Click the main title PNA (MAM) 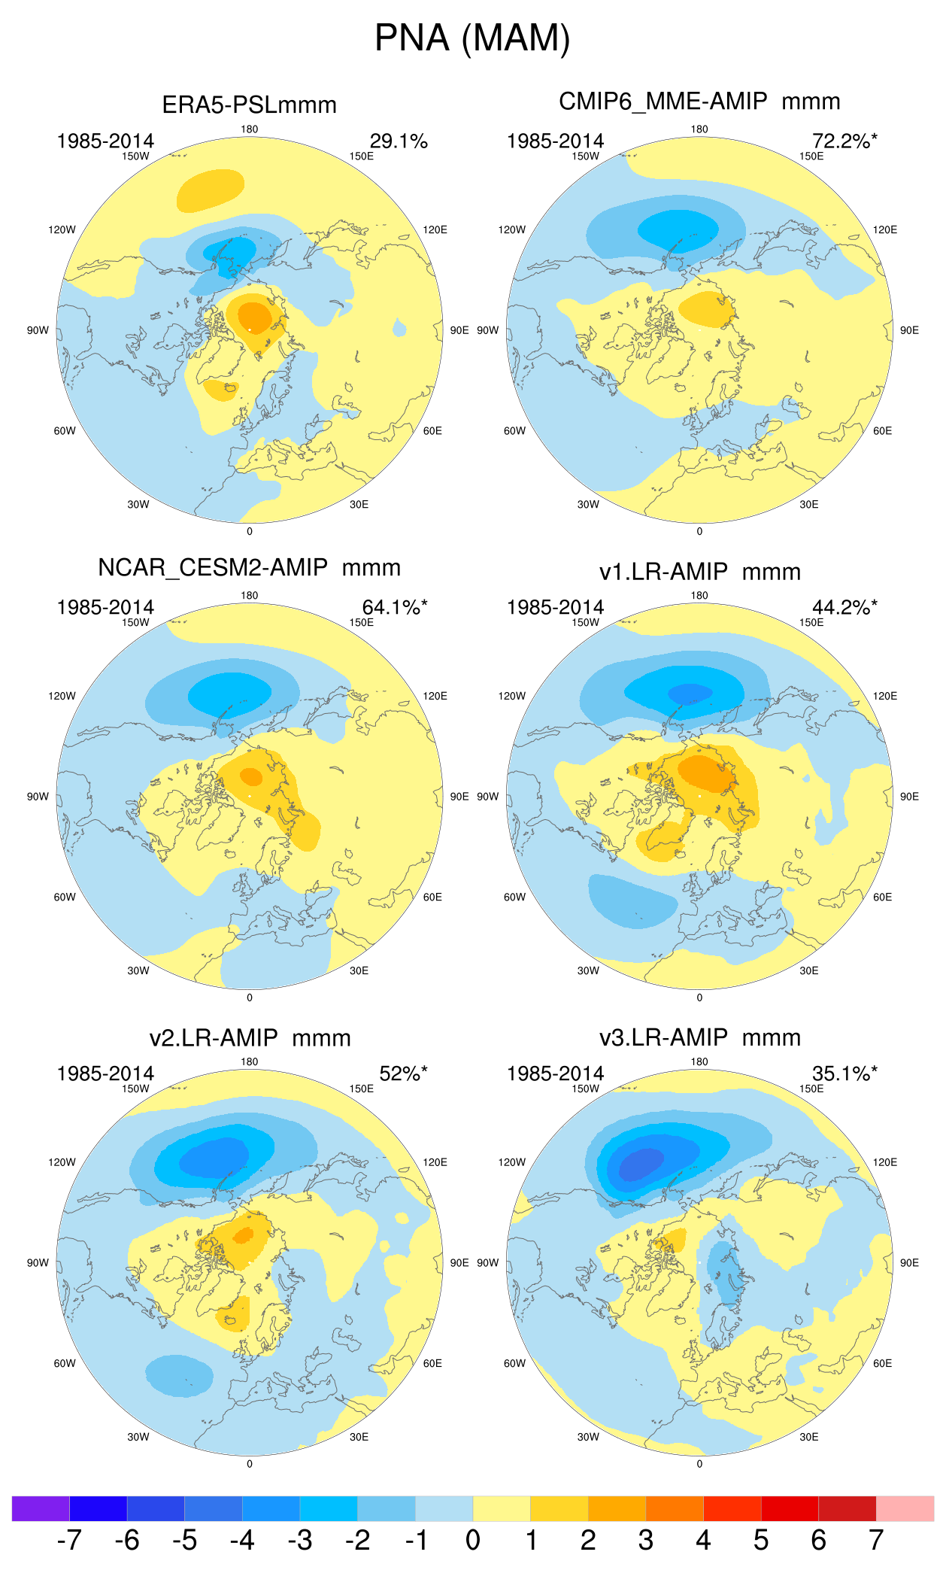[x=472, y=38]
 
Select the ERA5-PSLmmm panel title [x=249, y=105]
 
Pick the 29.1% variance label [x=399, y=141]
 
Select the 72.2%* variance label [x=844, y=141]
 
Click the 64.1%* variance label [x=395, y=607]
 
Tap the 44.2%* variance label [x=844, y=607]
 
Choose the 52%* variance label [x=403, y=1073]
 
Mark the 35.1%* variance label [x=844, y=1073]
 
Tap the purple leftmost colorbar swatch [x=41, y=1508]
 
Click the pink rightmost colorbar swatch [x=905, y=1508]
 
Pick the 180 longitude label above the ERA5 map [x=249, y=129]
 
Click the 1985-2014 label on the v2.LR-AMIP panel [x=105, y=1073]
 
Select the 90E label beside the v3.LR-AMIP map [x=909, y=1263]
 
